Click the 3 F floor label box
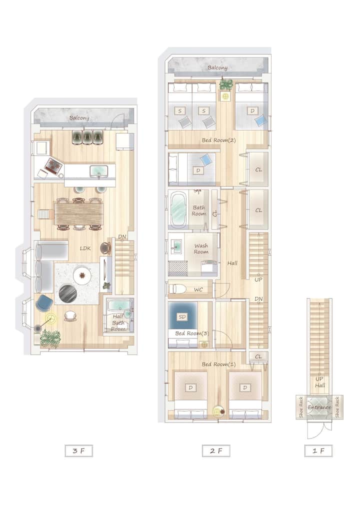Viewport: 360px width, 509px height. [x=79, y=451]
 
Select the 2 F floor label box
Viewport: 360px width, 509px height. [x=216, y=451]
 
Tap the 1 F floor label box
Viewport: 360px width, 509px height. [x=318, y=451]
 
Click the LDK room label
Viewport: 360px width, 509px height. [x=85, y=248]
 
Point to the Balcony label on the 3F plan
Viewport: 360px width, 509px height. [x=79, y=118]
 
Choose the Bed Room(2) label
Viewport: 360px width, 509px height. [x=219, y=140]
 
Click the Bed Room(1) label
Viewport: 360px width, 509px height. [x=219, y=364]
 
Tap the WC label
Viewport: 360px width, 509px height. [x=198, y=289]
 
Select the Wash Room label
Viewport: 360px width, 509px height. [x=201, y=248]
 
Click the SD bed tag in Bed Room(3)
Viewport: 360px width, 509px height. [x=182, y=317]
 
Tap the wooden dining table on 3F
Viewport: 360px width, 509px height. [x=79, y=213]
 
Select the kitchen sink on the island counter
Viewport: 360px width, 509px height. [x=98, y=170]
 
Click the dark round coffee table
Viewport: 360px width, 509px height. [x=68, y=293]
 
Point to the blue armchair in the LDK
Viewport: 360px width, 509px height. [x=44, y=302]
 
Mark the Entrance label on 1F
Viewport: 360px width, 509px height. [x=319, y=407]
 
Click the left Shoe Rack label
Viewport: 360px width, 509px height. [x=301, y=407]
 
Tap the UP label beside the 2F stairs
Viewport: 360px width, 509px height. [x=258, y=279]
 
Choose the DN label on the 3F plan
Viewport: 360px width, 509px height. [x=122, y=236]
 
